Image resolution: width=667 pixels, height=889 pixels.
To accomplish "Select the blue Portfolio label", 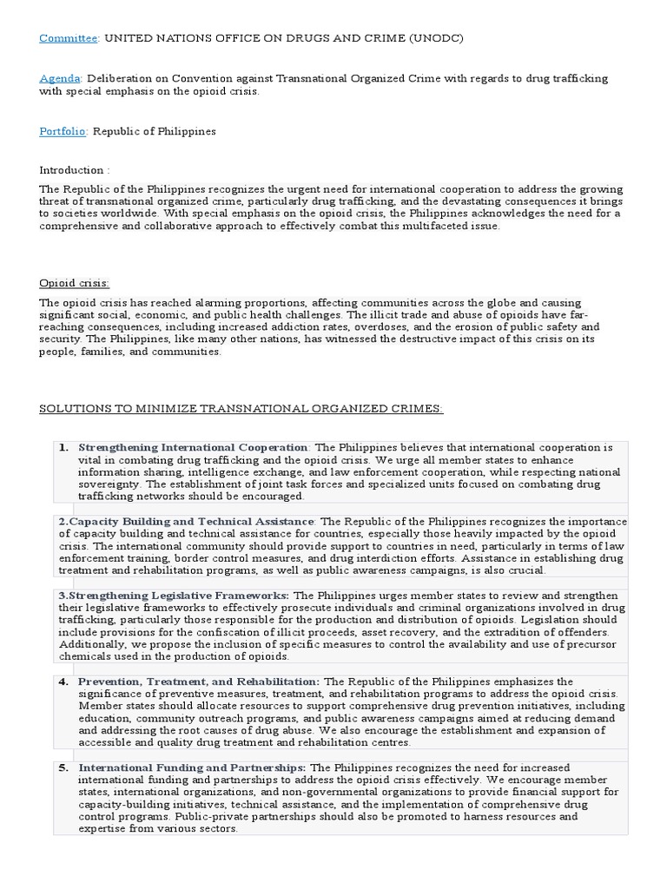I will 63,131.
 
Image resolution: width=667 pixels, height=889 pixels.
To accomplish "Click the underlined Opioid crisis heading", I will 75,283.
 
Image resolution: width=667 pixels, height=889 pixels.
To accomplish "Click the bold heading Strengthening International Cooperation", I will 193,447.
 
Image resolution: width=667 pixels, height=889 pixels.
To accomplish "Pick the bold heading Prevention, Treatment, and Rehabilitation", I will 199,682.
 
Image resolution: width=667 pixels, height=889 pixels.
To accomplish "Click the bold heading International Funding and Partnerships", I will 192,767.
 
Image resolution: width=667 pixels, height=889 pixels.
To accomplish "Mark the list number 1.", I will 63,447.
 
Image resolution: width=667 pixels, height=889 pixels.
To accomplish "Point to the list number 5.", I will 63,767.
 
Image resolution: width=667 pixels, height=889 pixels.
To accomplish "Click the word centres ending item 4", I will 392,742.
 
